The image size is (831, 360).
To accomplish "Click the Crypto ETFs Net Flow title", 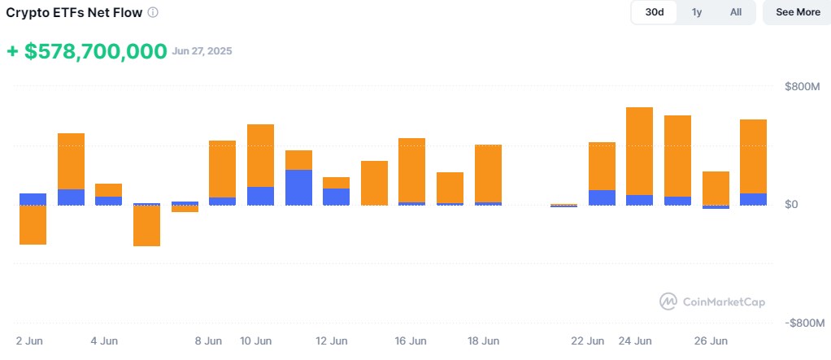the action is (74, 13).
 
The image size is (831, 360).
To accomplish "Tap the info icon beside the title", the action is (153, 13).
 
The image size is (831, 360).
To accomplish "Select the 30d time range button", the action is (655, 12).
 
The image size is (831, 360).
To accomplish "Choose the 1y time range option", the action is (697, 12).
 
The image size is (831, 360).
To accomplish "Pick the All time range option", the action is (736, 12).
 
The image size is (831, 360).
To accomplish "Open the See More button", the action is (798, 12).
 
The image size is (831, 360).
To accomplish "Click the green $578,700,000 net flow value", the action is (86, 52).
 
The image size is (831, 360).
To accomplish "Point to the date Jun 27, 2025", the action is (202, 51).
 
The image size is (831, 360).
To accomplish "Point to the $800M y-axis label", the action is (802, 86).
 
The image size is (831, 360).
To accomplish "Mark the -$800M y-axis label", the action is (804, 323).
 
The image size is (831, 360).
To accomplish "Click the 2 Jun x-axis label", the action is (29, 341).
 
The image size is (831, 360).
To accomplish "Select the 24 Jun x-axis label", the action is (635, 341).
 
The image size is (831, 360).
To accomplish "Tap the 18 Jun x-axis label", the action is (483, 341).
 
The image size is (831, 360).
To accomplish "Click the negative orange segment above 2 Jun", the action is (33, 224).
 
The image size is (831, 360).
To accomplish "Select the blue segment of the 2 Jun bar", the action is (33, 199).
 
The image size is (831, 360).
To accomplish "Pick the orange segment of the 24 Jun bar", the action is (640, 151).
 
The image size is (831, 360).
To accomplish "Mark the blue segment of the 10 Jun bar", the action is (261, 196).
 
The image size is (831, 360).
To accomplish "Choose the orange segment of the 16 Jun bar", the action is (411, 170).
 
